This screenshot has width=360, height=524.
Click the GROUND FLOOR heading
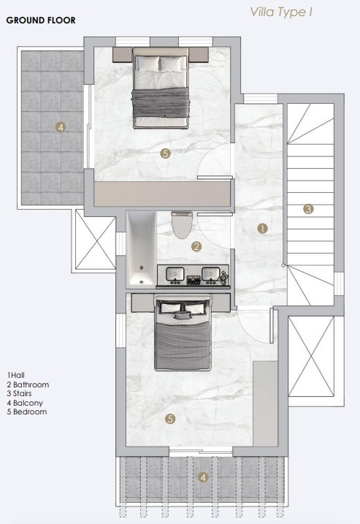(40, 20)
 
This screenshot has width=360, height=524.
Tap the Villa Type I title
(282, 12)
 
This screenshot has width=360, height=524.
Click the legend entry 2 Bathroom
(28, 384)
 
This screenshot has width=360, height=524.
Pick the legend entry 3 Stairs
(21, 393)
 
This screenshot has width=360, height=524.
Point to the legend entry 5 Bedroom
(26, 412)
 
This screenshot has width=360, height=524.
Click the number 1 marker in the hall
(263, 228)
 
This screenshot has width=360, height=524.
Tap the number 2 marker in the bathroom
(196, 247)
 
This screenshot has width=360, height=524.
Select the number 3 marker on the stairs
(308, 209)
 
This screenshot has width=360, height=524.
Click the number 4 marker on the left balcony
(61, 126)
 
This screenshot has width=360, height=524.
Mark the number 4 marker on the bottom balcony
(203, 479)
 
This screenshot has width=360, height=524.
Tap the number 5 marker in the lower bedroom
(169, 419)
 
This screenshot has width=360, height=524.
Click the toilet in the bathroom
(179, 224)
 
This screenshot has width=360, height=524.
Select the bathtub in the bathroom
(140, 248)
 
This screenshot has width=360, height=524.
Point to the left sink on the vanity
(175, 275)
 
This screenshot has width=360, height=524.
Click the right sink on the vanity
(211, 275)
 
